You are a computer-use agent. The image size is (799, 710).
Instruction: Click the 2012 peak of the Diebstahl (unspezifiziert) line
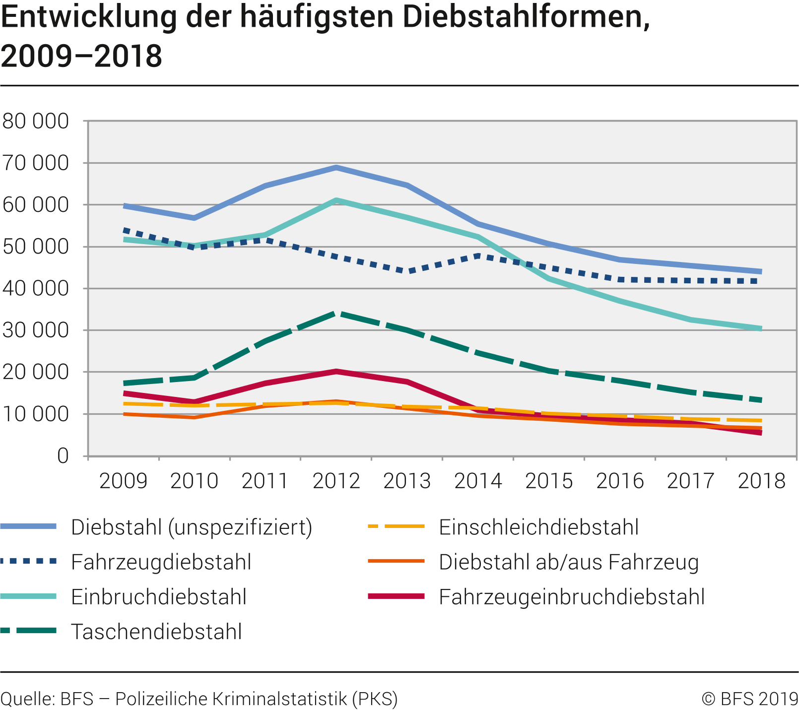click(x=336, y=168)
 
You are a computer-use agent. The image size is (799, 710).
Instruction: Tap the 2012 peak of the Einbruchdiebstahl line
click(x=336, y=200)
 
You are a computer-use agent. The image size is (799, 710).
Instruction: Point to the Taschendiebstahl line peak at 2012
click(x=336, y=314)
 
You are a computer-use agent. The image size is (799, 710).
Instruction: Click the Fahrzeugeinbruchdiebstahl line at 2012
click(x=336, y=371)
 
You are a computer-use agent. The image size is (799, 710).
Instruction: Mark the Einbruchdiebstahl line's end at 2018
click(x=761, y=328)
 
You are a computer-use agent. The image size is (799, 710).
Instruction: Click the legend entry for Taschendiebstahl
click(x=156, y=632)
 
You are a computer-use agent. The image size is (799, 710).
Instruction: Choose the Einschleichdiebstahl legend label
click(x=539, y=527)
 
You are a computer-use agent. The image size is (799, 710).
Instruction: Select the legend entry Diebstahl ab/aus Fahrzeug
click(x=569, y=562)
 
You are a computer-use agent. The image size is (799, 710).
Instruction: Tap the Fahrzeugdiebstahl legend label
click(x=161, y=562)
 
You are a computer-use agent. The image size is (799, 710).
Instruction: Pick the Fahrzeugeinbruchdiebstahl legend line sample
click(x=396, y=596)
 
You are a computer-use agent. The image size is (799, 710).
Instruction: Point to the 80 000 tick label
click(x=36, y=121)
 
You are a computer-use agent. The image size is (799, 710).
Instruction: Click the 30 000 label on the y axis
click(x=36, y=330)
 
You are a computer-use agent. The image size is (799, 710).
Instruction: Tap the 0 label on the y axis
click(x=63, y=456)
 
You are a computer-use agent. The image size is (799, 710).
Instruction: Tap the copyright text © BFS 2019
click(x=749, y=699)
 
